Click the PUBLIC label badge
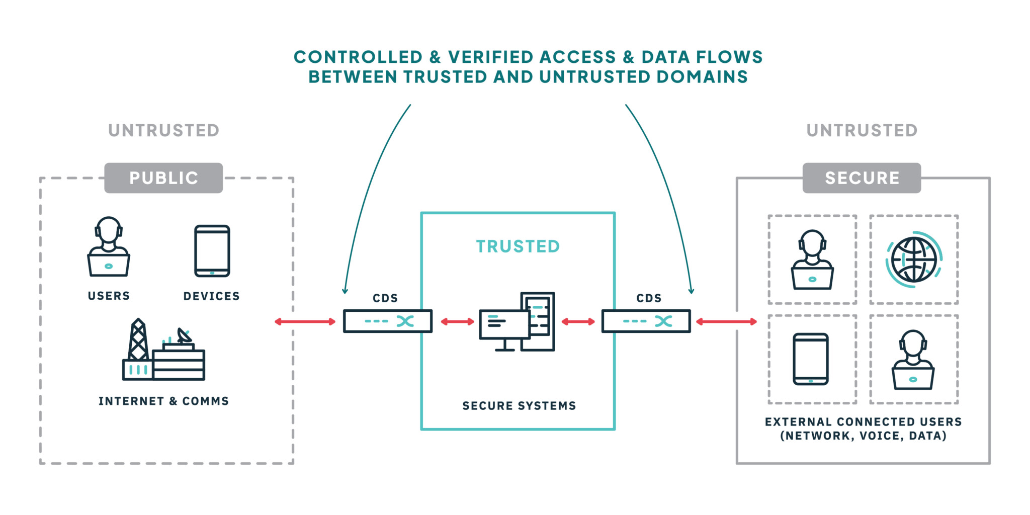pos(163,178)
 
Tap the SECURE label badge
pos(862,178)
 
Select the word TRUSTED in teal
pos(518,246)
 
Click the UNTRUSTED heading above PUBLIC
pos(164,131)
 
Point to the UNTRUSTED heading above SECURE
pos(862,131)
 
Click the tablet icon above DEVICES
pos(212,251)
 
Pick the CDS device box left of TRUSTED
pos(387,321)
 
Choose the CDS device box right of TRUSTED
pos(646,321)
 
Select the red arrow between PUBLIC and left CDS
pos(305,321)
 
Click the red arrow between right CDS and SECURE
pos(726,321)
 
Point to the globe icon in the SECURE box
pos(913,260)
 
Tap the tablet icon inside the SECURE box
pos(811,359)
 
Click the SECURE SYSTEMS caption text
pos(519,406)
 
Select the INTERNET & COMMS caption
pos(163,401)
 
